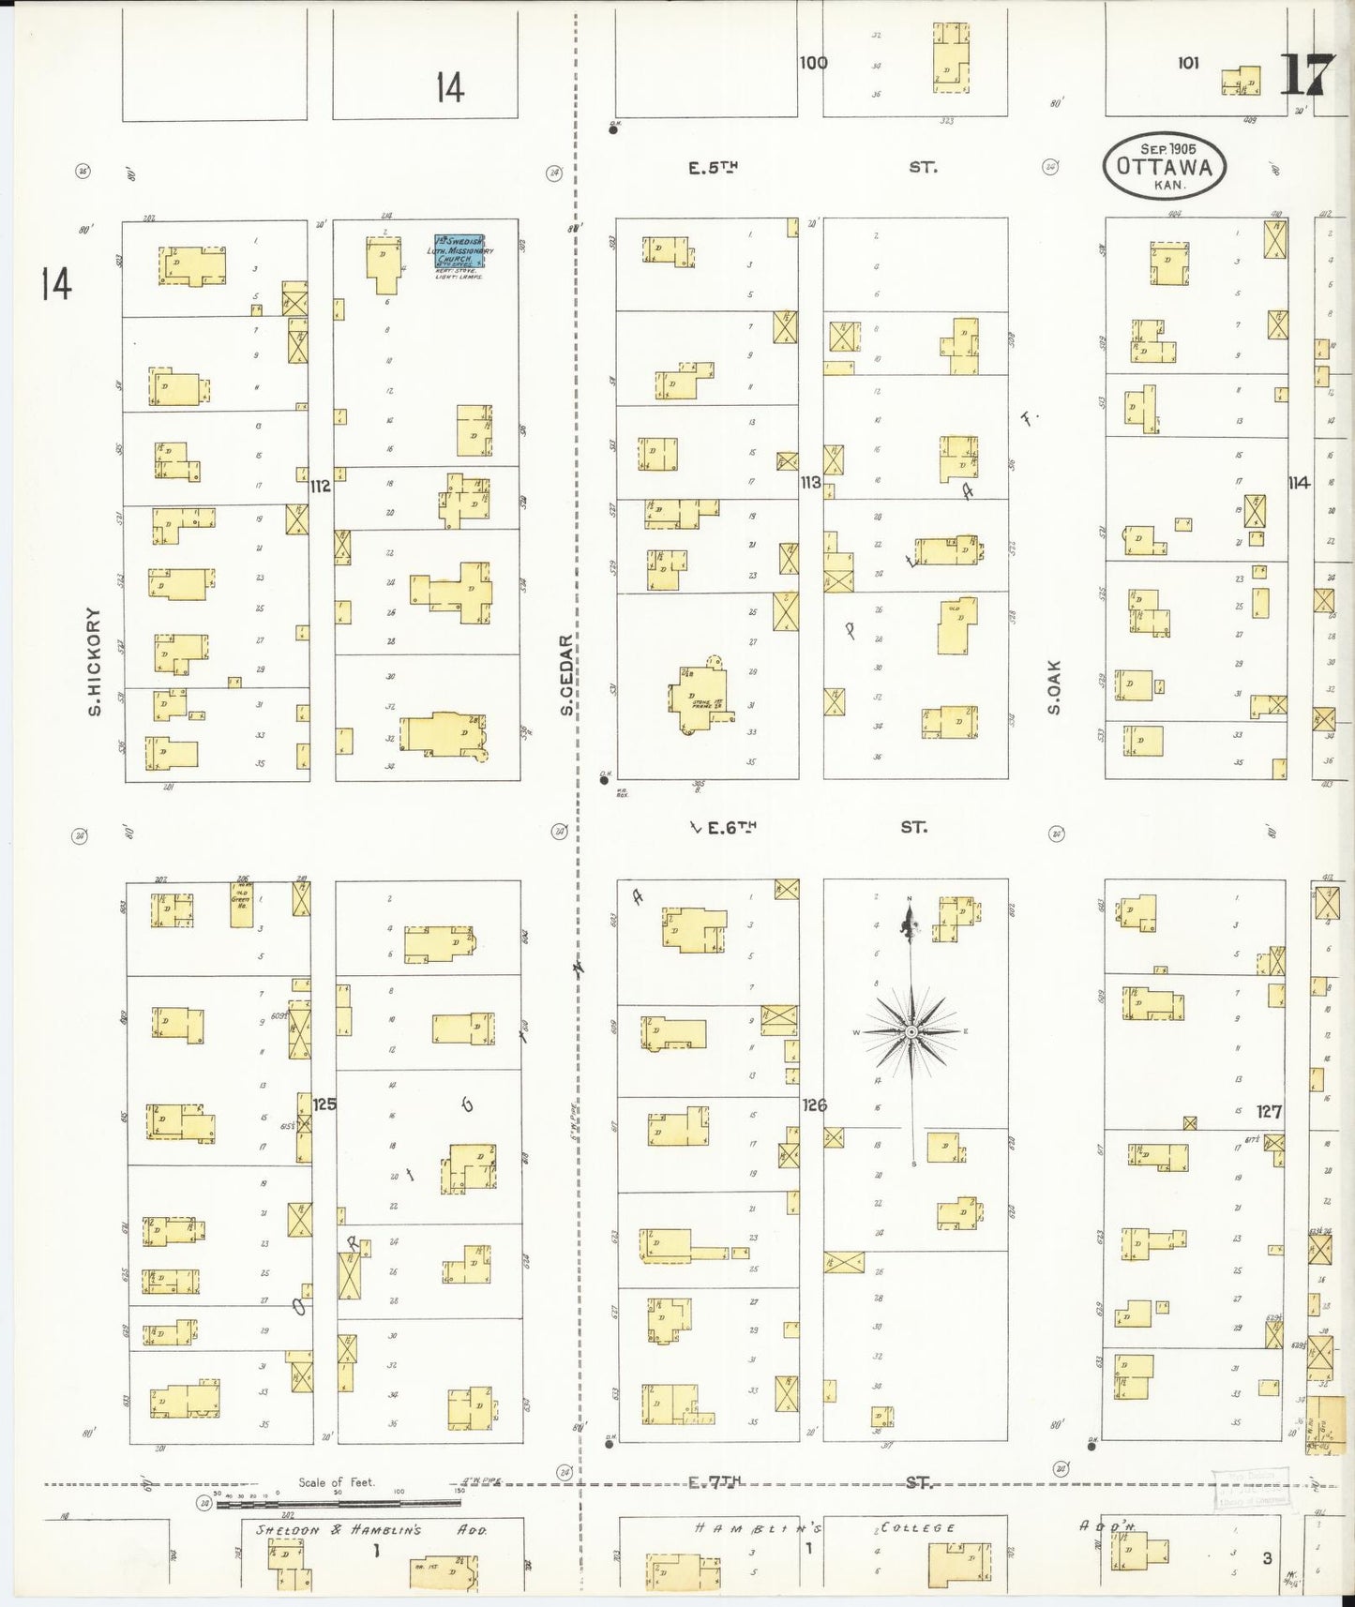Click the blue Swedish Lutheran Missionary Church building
pos(459,252)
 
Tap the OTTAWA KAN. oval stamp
pos(1164,166)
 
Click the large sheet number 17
pos(1306,75)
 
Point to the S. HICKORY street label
pos(94,661)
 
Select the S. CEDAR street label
pos(566,675)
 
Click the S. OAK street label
pos(1054,687)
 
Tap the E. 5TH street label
pos(714,168)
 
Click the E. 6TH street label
pos(730,827)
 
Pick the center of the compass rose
pos(911,1031)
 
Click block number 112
pos(321,486)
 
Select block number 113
pos(810,482)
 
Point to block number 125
pos(324,1104)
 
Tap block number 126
pos(814,1105)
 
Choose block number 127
pos(1269,1111)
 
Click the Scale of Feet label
pos(336,1482)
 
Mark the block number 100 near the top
pos(813,63)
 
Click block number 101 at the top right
pos(1188,63)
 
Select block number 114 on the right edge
pos(1299,483)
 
